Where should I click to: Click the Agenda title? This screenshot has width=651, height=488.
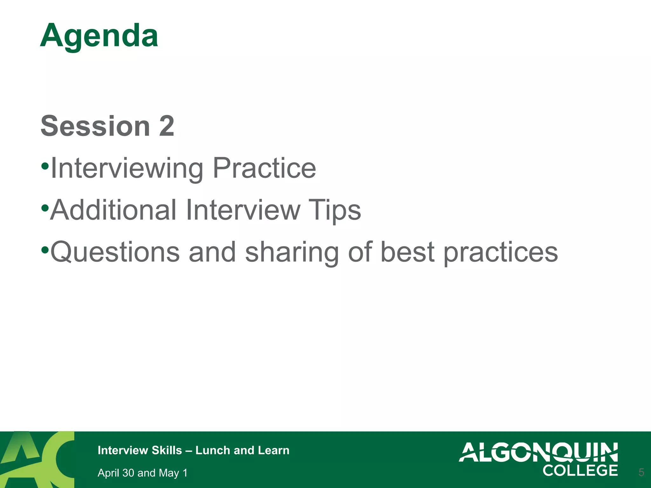pos(99,36)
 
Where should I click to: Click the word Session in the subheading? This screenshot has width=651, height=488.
pos(95,126)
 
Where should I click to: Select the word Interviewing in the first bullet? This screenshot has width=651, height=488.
pos(127,168)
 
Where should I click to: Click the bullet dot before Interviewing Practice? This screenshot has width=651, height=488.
pos(45,166)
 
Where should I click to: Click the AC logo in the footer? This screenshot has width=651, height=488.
pos(37,459)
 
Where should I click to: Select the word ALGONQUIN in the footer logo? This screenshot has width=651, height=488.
pos(538,452)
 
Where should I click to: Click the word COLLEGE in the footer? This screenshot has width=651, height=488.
pos(580,471)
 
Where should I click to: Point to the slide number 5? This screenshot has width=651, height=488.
pos(641,472)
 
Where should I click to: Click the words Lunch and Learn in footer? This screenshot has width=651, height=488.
pos(242,451)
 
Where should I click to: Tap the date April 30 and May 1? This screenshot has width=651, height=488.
pos(142,473)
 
